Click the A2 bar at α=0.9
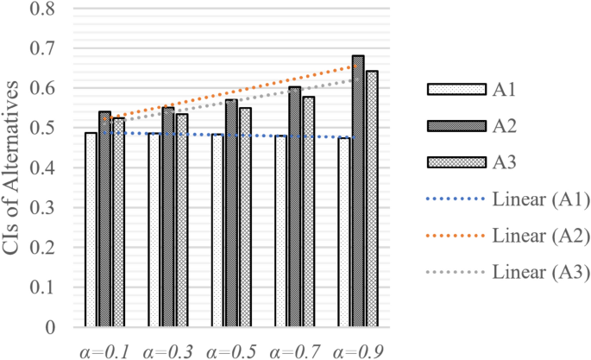357,192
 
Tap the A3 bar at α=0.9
372,199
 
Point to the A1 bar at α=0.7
280,231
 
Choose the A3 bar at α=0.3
181,221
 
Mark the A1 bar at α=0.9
344,232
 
